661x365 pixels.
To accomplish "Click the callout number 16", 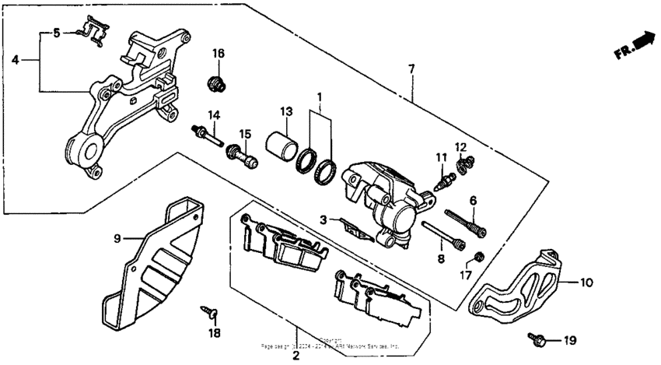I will click(x=219, y=53).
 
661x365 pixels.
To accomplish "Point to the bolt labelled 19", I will click(x=536, y=339).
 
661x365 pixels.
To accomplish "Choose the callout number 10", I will click(x=586, y=283).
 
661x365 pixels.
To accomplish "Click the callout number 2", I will click(x=296, y=356).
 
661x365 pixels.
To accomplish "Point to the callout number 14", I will click(x=212, y=115).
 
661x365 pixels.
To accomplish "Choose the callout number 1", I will click(x=318, y=97).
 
